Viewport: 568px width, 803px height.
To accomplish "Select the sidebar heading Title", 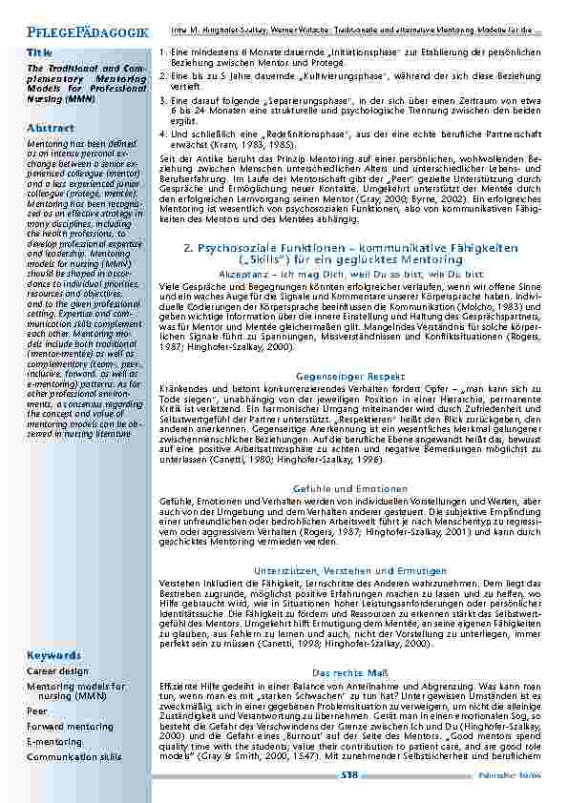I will click(40, 51).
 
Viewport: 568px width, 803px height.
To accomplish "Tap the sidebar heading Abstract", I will click(51, 128).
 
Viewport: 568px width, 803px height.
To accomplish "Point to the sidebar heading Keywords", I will click(53, 656).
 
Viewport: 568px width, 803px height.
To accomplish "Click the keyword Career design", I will click(57, 671).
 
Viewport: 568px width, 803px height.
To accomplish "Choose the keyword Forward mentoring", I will click(70, 727).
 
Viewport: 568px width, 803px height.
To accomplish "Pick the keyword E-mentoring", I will click(54, 741).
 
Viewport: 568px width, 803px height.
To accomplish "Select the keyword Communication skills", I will click(74, 756).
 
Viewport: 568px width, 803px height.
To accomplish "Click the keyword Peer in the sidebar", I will click(37, 711).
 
